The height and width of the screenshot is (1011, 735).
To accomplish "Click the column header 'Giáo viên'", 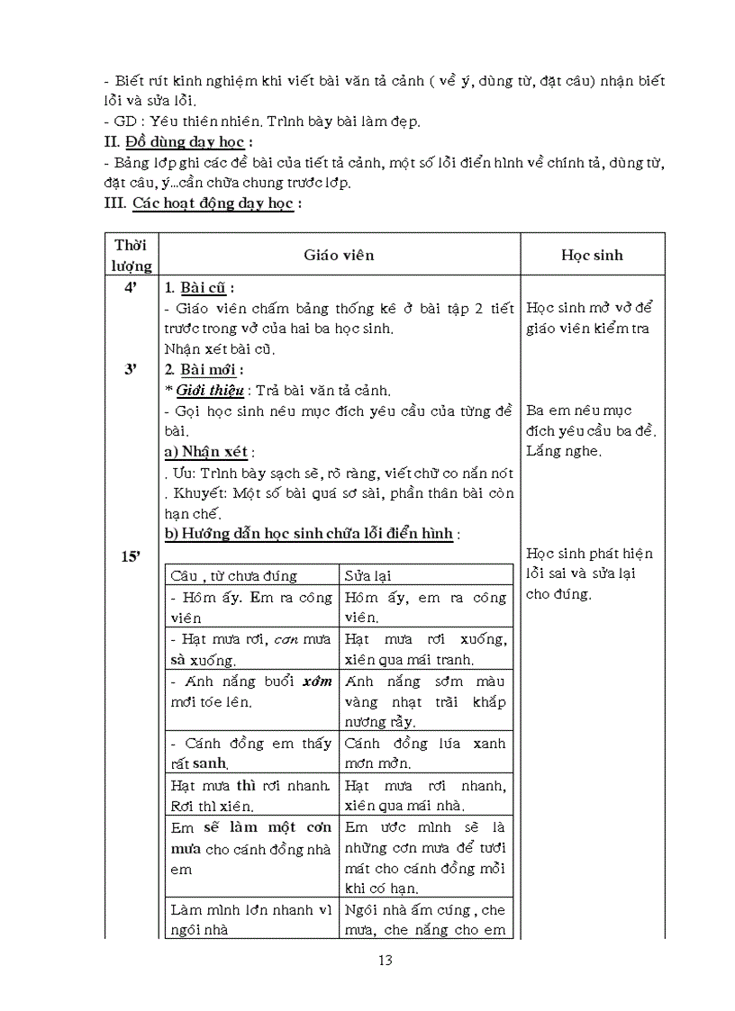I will [x=338, y=255].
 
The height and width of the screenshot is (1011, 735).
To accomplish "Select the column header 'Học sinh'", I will [x=592, y=255].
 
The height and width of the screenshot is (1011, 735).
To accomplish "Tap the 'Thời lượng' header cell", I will [x=132, y=255].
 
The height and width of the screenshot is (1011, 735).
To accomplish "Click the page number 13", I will [x=385, y=960].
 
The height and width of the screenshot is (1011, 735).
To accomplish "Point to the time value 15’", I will [x=131, y=556].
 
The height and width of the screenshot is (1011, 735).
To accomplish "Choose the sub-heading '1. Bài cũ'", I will [x=197, y=288].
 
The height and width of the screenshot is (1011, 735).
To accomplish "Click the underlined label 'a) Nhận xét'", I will [x=205, y=452].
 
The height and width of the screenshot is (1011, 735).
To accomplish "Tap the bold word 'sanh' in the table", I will [x=209, y=763].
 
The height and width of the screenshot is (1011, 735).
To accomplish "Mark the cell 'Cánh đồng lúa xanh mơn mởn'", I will [x=425, y=753].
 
